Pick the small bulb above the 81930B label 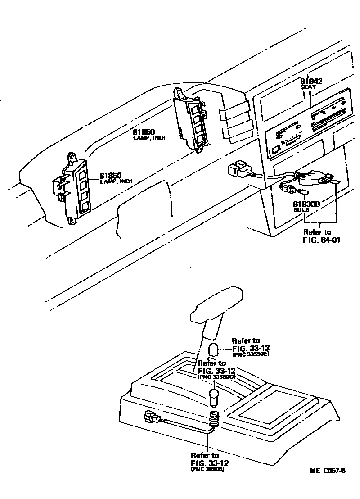303,192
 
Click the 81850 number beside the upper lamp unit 144,132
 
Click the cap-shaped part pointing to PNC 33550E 214,349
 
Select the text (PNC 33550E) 251,354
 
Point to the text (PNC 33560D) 216,376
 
